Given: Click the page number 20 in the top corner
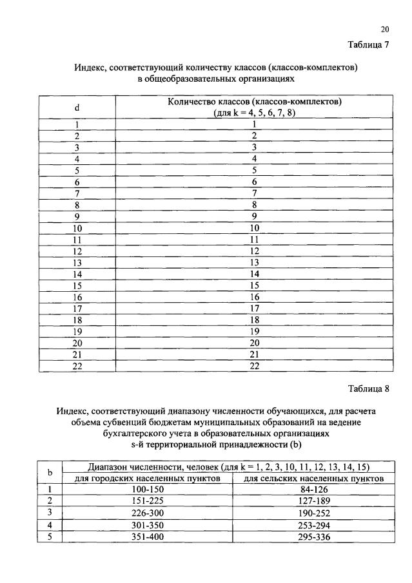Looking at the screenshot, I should click(385, 29).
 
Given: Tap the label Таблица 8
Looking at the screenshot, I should click(369, 389).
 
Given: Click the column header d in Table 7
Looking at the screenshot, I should click(77, 108).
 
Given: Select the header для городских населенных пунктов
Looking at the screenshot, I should click(148, 479).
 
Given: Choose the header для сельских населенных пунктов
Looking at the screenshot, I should click(315, 479).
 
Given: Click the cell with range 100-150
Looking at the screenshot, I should click(148, 490).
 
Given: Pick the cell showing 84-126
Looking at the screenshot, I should click(315, 490).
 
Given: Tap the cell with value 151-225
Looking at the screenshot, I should click(148, 501).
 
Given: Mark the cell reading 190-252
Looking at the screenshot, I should click(315, 511).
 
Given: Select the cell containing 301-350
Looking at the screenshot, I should click(148, 523).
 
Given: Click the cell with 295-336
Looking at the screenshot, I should click(315, 534).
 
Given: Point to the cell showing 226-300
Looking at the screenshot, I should click(148, 511).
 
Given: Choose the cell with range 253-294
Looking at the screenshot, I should click(315, 523).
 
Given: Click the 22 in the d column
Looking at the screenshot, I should click(77, 366).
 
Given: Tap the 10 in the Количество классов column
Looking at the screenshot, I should click(254, 228).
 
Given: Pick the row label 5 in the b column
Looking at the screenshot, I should click(49, 534).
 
